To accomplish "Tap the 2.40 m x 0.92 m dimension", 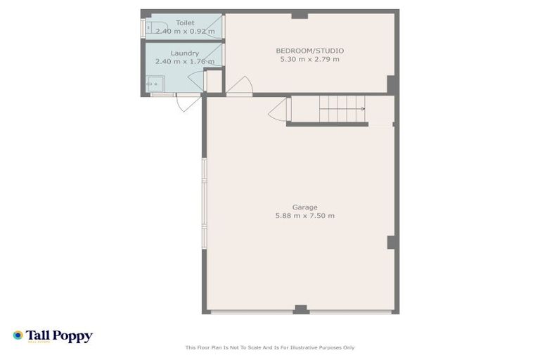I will pos(185,32).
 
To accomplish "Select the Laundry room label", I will pos(185,53).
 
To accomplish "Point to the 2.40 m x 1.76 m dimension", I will pos(184,61).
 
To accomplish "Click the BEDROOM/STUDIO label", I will pos(309,51).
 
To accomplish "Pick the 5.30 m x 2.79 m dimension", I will pos(309,59).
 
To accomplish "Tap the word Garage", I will pos(304,207).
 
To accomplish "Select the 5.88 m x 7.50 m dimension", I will pos(304,215).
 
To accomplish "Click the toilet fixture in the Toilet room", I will pos(148,27).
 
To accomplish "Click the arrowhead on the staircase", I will pos(363,108).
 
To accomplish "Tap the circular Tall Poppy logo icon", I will pos(18,335).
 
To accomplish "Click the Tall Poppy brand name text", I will pos(59,336).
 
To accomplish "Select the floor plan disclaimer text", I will pos(269,347).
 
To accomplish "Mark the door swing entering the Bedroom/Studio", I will pos(237,85).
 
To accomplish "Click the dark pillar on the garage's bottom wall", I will pos(300,309).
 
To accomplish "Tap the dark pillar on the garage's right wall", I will pos(392,242).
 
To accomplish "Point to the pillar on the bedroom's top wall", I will pos(300,15).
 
